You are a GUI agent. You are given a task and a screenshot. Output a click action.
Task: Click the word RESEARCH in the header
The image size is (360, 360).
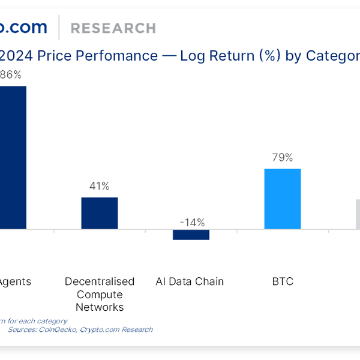click(113, 28)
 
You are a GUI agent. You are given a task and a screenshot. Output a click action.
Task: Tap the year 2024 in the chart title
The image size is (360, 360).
click(17, 56)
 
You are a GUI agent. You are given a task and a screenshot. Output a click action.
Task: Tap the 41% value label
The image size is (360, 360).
click(99, 186)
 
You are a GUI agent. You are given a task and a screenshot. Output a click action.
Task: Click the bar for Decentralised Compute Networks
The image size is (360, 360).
click(100, 213)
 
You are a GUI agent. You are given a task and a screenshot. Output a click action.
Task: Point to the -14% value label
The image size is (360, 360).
click(191, 222)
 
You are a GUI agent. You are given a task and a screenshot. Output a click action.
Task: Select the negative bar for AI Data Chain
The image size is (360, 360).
click(191, 235)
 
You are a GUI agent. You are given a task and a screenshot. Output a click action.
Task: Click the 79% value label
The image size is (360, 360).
click(282, 158)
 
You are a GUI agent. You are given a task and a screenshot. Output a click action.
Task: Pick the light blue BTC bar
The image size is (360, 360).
click(282, 199)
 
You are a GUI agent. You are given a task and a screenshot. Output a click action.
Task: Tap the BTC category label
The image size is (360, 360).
click(282, 281)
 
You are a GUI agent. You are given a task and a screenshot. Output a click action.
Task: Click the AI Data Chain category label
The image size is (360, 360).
click(190, 281)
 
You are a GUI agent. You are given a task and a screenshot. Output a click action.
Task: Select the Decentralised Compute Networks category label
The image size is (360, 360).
click(100, 294)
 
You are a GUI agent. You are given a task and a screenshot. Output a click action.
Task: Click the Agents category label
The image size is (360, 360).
click(16, 281)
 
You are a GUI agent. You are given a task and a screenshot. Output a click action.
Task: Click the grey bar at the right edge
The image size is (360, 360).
click(358, 214)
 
